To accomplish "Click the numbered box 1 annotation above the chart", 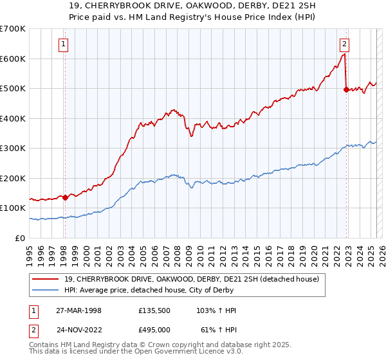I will pos(64,44).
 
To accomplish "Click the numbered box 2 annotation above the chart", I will pos(345,44).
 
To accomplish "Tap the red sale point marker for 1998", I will pos(65,197).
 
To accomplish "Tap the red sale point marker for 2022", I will pos(346,90).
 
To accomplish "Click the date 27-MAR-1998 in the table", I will pos(75,310).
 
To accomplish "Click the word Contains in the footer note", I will pos(44,345).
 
